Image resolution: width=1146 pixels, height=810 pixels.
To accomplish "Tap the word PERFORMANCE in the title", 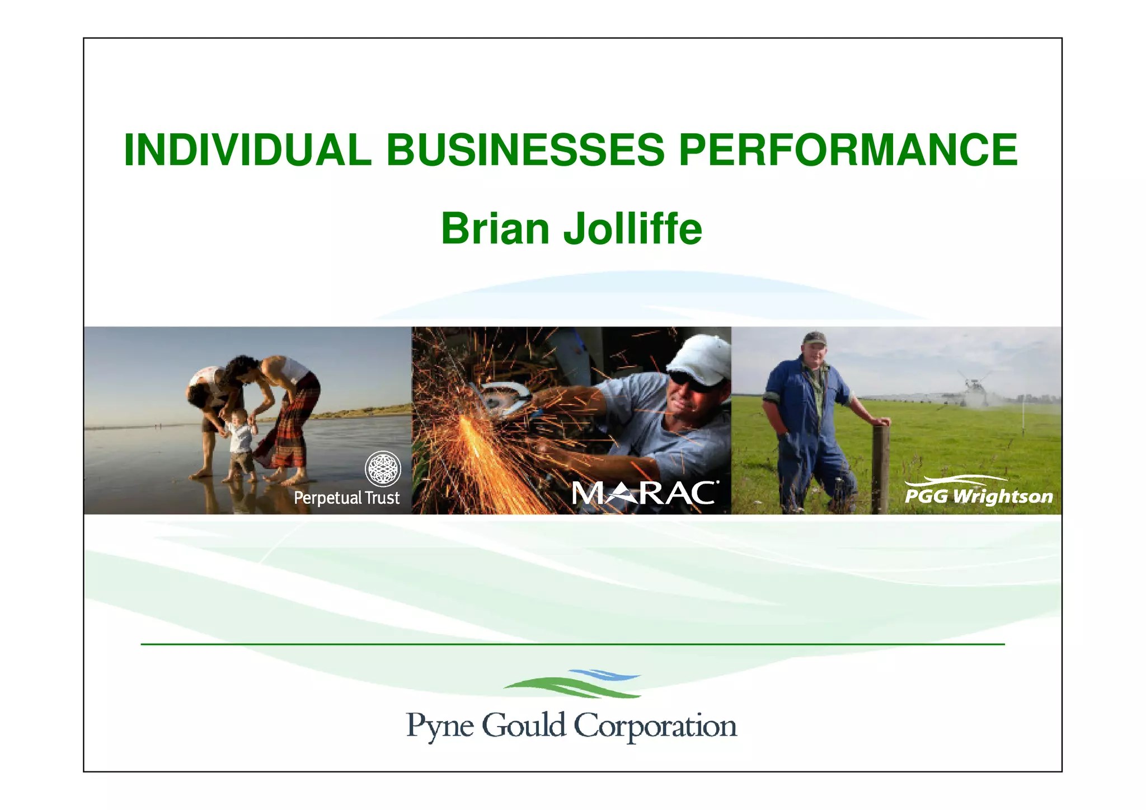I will [848, 150].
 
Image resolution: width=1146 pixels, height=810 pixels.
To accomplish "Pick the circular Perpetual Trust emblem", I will [383, 469].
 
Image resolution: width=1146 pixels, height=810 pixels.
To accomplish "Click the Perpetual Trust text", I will [346, 498].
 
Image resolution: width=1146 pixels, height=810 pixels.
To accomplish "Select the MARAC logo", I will [644, 493].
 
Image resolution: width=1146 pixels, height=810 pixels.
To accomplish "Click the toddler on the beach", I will [239, 442].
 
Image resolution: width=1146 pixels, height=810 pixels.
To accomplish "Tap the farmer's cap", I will [814, 338].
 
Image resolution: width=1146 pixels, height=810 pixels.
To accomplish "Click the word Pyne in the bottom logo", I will [440, 726].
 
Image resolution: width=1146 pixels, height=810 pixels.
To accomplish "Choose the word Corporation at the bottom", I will [655, 726].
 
